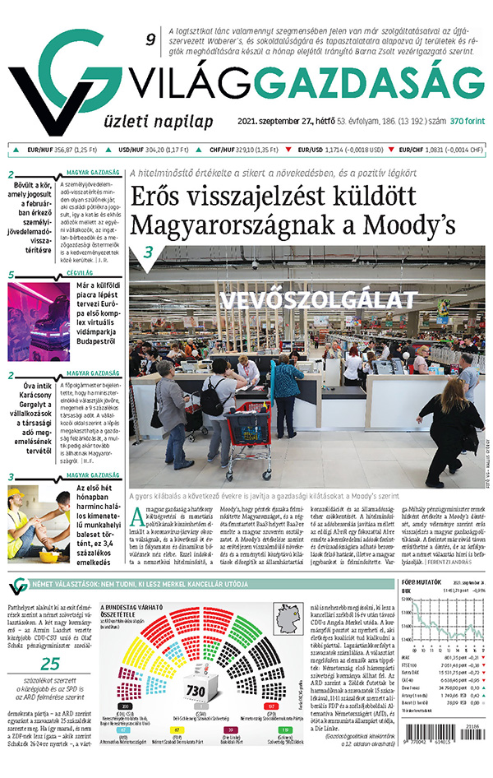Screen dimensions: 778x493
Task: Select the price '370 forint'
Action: pos(468,122)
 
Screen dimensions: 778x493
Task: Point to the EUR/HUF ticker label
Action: pos(39,151)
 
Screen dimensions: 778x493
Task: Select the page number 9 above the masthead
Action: pos(150,39)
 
